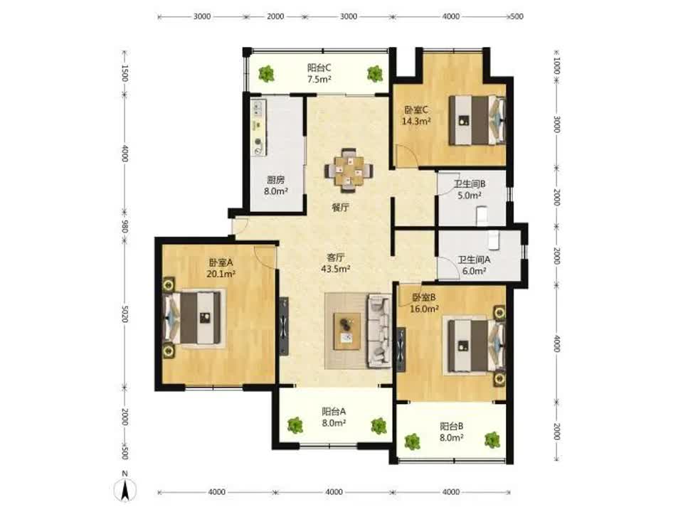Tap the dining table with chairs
(x=349, y=170)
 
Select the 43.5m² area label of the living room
(x=335, y=269)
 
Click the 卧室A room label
(x=221, y=262)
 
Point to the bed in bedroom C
(x=477, y=120)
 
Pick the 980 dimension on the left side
(x=125, y=226)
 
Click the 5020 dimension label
(x=125, y=314)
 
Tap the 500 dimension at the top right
(x=517, y=16)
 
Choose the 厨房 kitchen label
(x=276, y=180)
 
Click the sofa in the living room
(x=379, y=331)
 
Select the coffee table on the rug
(x=347, y=331)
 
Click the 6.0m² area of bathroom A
(x=475, y=271)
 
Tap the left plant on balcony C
(x=266, y=73)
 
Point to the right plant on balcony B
(x=492, y=440)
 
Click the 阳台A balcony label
(x=334, y=411)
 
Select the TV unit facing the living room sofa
(x=284, y=326)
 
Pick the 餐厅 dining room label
(x=340, y=207)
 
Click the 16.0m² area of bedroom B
(x=424, y=309)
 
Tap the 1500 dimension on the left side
(x=125, y=73)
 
